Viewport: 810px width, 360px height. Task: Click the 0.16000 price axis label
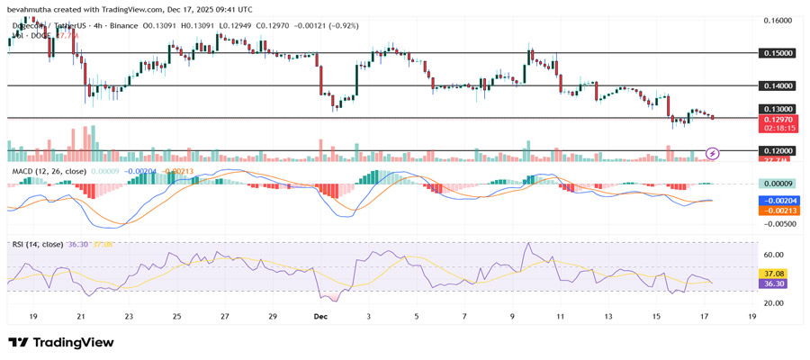[777, 20]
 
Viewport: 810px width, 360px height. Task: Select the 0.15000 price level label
[777, 53]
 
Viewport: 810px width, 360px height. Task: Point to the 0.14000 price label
[777, 85]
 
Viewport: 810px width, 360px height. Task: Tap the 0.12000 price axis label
[777, 151]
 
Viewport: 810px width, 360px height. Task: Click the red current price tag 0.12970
[777, 119]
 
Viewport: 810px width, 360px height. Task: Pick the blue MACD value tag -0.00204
[777, 201]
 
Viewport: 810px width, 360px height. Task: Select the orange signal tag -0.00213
[777, 210]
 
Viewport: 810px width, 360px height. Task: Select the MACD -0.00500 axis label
[777, 224]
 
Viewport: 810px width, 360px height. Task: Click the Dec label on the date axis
[321, 317]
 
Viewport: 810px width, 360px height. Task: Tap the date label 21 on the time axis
[80, 317]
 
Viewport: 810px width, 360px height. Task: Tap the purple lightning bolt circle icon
[713, 154]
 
